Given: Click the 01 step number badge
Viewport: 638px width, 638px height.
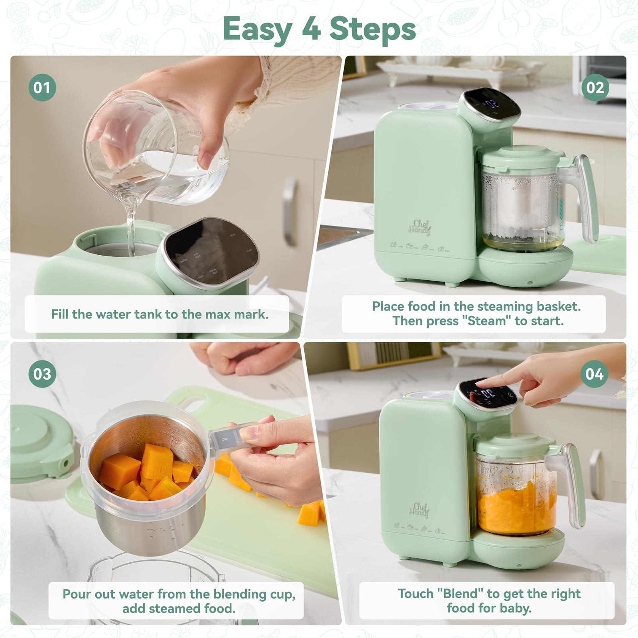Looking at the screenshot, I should point(42,87).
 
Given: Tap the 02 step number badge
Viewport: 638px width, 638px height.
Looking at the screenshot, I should point(595,87).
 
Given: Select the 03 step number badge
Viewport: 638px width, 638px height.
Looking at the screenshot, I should point(42,374).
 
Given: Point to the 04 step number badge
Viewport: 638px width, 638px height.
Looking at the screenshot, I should point(594,374).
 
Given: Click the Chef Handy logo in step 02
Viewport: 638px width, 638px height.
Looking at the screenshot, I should point(419,227).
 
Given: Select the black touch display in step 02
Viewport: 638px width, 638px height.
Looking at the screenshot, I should point(493,104).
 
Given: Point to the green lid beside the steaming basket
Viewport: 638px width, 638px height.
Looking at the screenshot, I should point(40,443).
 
